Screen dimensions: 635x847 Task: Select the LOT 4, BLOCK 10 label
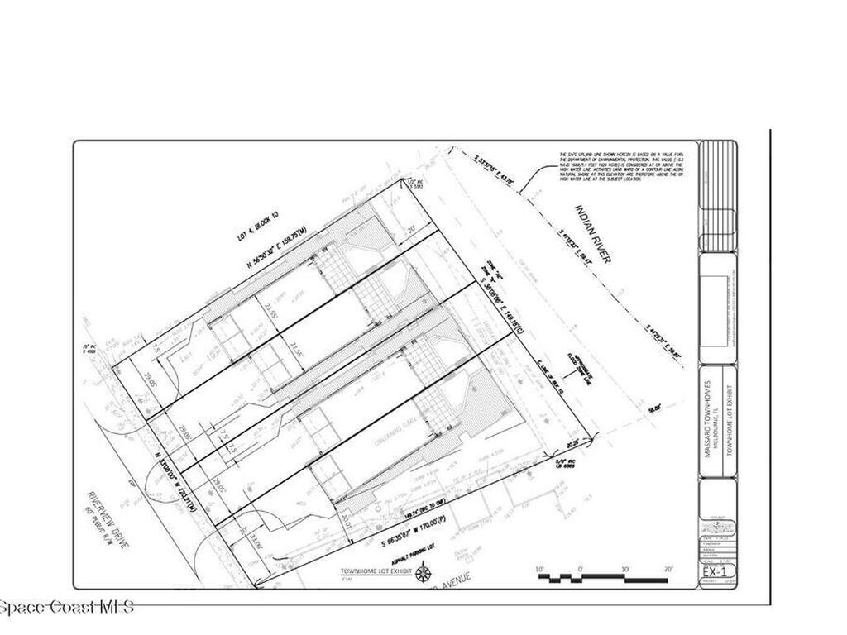258,226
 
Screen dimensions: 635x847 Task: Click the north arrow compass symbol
423,572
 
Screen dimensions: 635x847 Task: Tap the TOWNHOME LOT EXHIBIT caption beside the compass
375,571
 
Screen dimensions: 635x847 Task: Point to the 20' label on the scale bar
668,568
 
